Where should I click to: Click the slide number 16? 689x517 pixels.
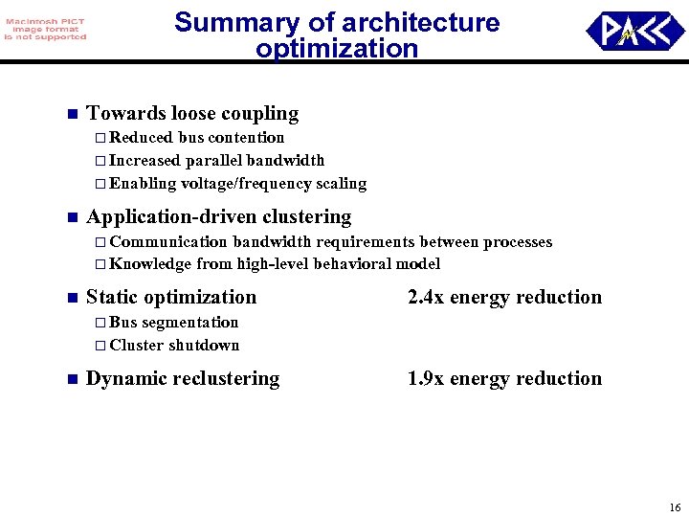pos(675,507)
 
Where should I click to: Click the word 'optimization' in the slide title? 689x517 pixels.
pos(337,48)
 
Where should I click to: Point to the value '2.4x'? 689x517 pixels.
pos(426,297)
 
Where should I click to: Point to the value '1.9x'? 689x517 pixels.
pos(426,378)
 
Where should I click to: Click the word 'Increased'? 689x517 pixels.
pos(144,160)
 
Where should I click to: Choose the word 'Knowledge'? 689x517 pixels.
pos(150,264)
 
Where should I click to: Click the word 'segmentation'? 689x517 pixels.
pos(190,322)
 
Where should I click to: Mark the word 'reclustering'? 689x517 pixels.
pos(223,378)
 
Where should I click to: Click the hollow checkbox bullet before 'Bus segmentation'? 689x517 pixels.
pos(100,323)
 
